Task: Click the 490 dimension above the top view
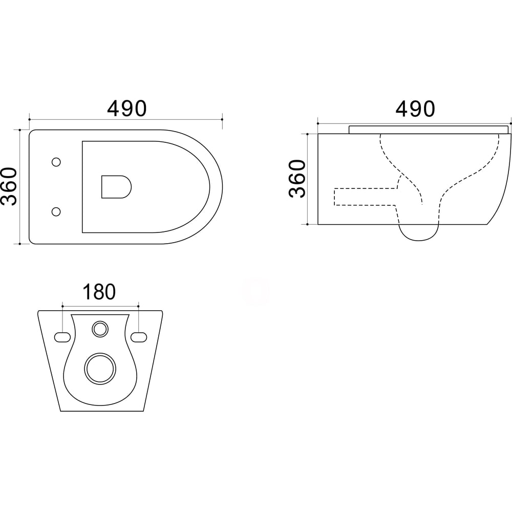(126, 109)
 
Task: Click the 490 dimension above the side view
(415, 109)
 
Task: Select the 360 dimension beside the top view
(9, 186)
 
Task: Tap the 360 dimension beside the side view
(297, 179)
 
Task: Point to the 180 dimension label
(99, 292)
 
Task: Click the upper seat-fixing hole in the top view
(56, 162)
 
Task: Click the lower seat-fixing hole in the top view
(56, 211)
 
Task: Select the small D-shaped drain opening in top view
(116, 187)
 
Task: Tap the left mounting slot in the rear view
(62, 337)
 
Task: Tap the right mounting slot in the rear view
(139, 337)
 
